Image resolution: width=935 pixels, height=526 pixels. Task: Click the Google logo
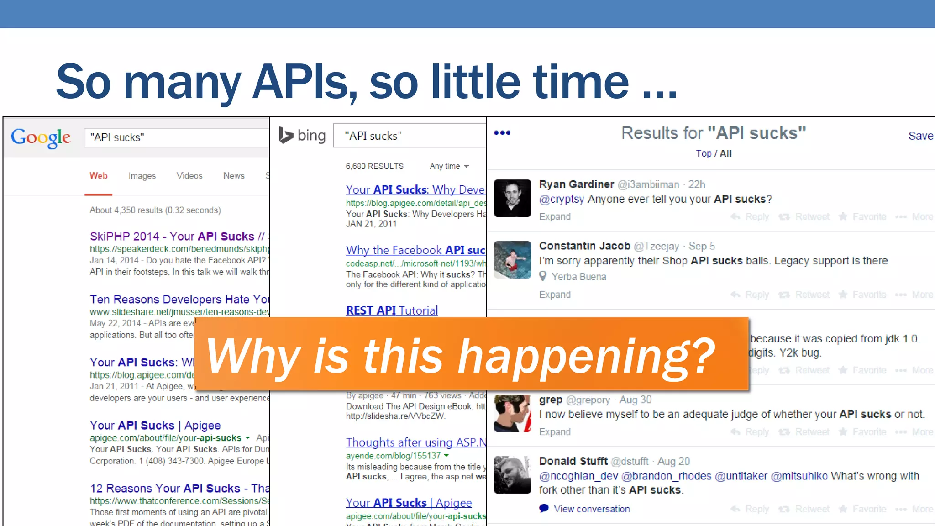[x=41, y=137]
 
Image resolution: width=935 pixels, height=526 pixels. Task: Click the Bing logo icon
[x=286, y=135]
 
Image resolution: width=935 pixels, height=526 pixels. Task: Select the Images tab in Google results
[x=142, y=176]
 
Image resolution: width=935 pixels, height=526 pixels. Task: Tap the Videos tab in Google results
[x=189, y=176]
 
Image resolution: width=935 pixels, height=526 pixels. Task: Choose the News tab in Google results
[x=234, y=176]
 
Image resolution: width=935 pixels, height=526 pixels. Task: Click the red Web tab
[x=99, y=176]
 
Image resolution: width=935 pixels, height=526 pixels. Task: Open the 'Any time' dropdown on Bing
[x=449, y=166]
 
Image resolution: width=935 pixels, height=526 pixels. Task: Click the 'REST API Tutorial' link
[x=392, y=310]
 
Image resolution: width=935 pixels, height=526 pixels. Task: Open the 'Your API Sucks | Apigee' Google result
[x=155, y=425]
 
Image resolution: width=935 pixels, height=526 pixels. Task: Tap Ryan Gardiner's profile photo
[x=512, y=198]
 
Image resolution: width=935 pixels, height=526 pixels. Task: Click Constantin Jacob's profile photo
[x=512, y=260]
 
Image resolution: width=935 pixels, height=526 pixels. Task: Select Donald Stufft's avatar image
[x=512, y=475]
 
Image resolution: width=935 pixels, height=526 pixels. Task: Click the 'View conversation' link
[x=591, y=509]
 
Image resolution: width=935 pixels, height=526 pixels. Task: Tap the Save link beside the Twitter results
[x=920, y=136]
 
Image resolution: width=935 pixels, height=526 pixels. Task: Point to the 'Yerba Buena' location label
[x=578, y=277]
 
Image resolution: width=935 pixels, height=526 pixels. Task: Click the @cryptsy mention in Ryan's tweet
[x=562, y=199]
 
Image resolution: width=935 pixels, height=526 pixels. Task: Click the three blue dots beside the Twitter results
[x=502, y=133]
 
